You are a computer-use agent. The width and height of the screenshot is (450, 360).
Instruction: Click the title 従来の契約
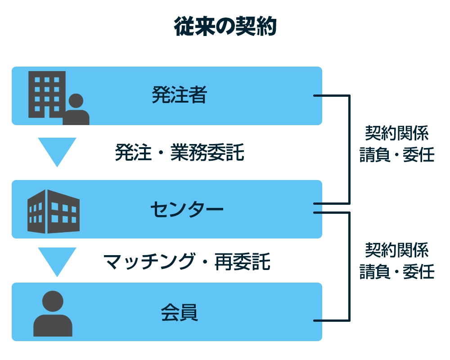pos(225,27)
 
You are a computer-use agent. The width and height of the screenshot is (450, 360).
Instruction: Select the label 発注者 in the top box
pos(179,95)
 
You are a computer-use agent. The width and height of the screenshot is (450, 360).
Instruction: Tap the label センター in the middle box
pos(186,209)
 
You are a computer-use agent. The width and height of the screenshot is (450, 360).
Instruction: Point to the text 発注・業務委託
pos(179,153)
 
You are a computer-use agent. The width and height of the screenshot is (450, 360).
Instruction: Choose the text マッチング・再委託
pos(186,261)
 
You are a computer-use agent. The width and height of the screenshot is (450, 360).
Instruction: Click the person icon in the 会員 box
pos(53,314)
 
